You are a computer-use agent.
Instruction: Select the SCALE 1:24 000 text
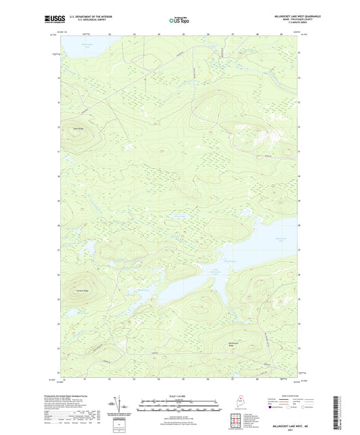[179, 396]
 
